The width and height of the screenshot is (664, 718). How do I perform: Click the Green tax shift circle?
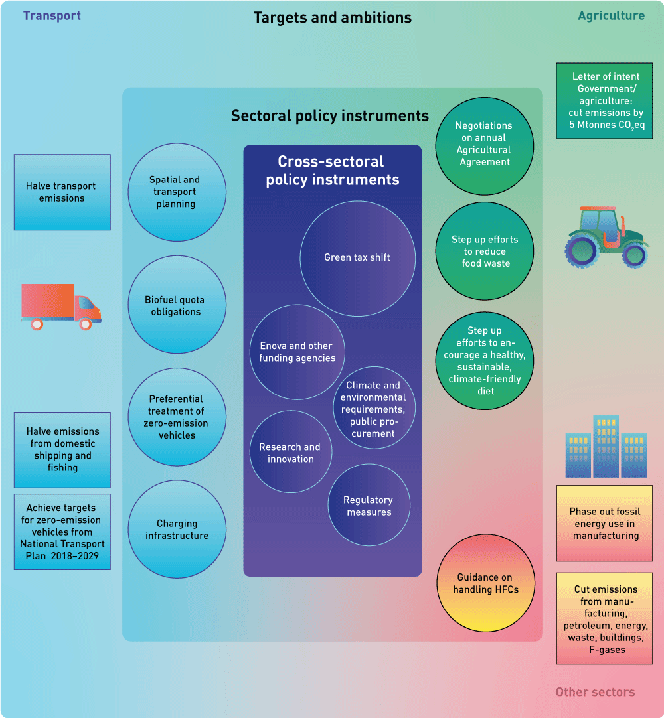[x=358, y=257]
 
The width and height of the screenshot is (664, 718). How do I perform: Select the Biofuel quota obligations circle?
[x=176, y=306]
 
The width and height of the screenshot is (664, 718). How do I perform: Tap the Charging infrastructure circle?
[x=177, y=530]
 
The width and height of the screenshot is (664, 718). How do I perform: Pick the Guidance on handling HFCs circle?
[x=485, y=583]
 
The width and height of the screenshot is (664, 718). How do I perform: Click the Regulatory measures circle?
[x=369, y=506]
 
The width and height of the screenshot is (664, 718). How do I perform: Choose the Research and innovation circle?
[x=290, y=453]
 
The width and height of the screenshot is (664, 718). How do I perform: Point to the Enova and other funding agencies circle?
[x=297, y=352]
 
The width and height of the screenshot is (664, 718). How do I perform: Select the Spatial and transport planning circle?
[x=177, y=192]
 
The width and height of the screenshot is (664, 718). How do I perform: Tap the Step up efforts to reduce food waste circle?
[x=485, y=251]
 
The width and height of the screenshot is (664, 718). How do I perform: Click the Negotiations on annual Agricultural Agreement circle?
[x=484, y=144]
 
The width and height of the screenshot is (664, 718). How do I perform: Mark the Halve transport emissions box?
[x=62, y=192]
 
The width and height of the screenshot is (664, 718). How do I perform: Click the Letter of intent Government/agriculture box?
[x=604, y=101]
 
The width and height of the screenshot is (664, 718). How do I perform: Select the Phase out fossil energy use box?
[x=604, y=523]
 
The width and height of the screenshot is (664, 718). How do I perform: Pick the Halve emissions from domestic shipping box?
[x=62, y=449]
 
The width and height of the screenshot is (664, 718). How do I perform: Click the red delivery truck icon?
[x=60, y=306]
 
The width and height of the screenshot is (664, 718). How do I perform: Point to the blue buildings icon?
[x=606, y=447]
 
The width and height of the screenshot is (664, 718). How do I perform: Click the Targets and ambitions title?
[x=333, y=17]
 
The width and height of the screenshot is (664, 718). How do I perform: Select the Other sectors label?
[x=595, y=692]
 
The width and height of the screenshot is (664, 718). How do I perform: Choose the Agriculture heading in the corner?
[x=611, y=15]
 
